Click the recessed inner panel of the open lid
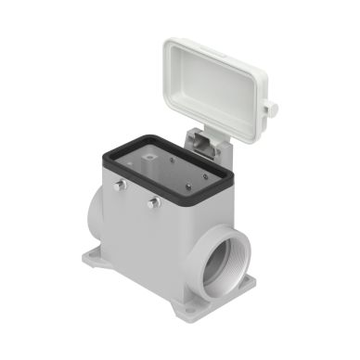pos(220,79)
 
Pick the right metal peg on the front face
pos(150,201)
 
